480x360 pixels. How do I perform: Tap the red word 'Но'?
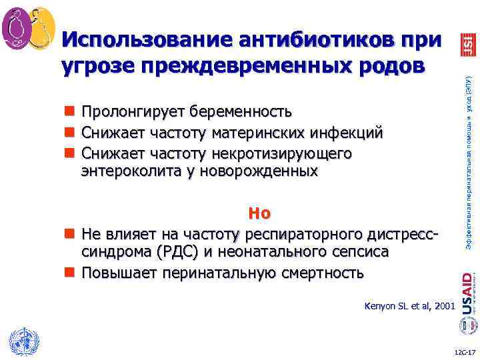click(259, 213)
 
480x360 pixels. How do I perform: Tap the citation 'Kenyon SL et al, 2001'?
click(409, 306)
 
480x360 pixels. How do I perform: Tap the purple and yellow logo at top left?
click(28, 28)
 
